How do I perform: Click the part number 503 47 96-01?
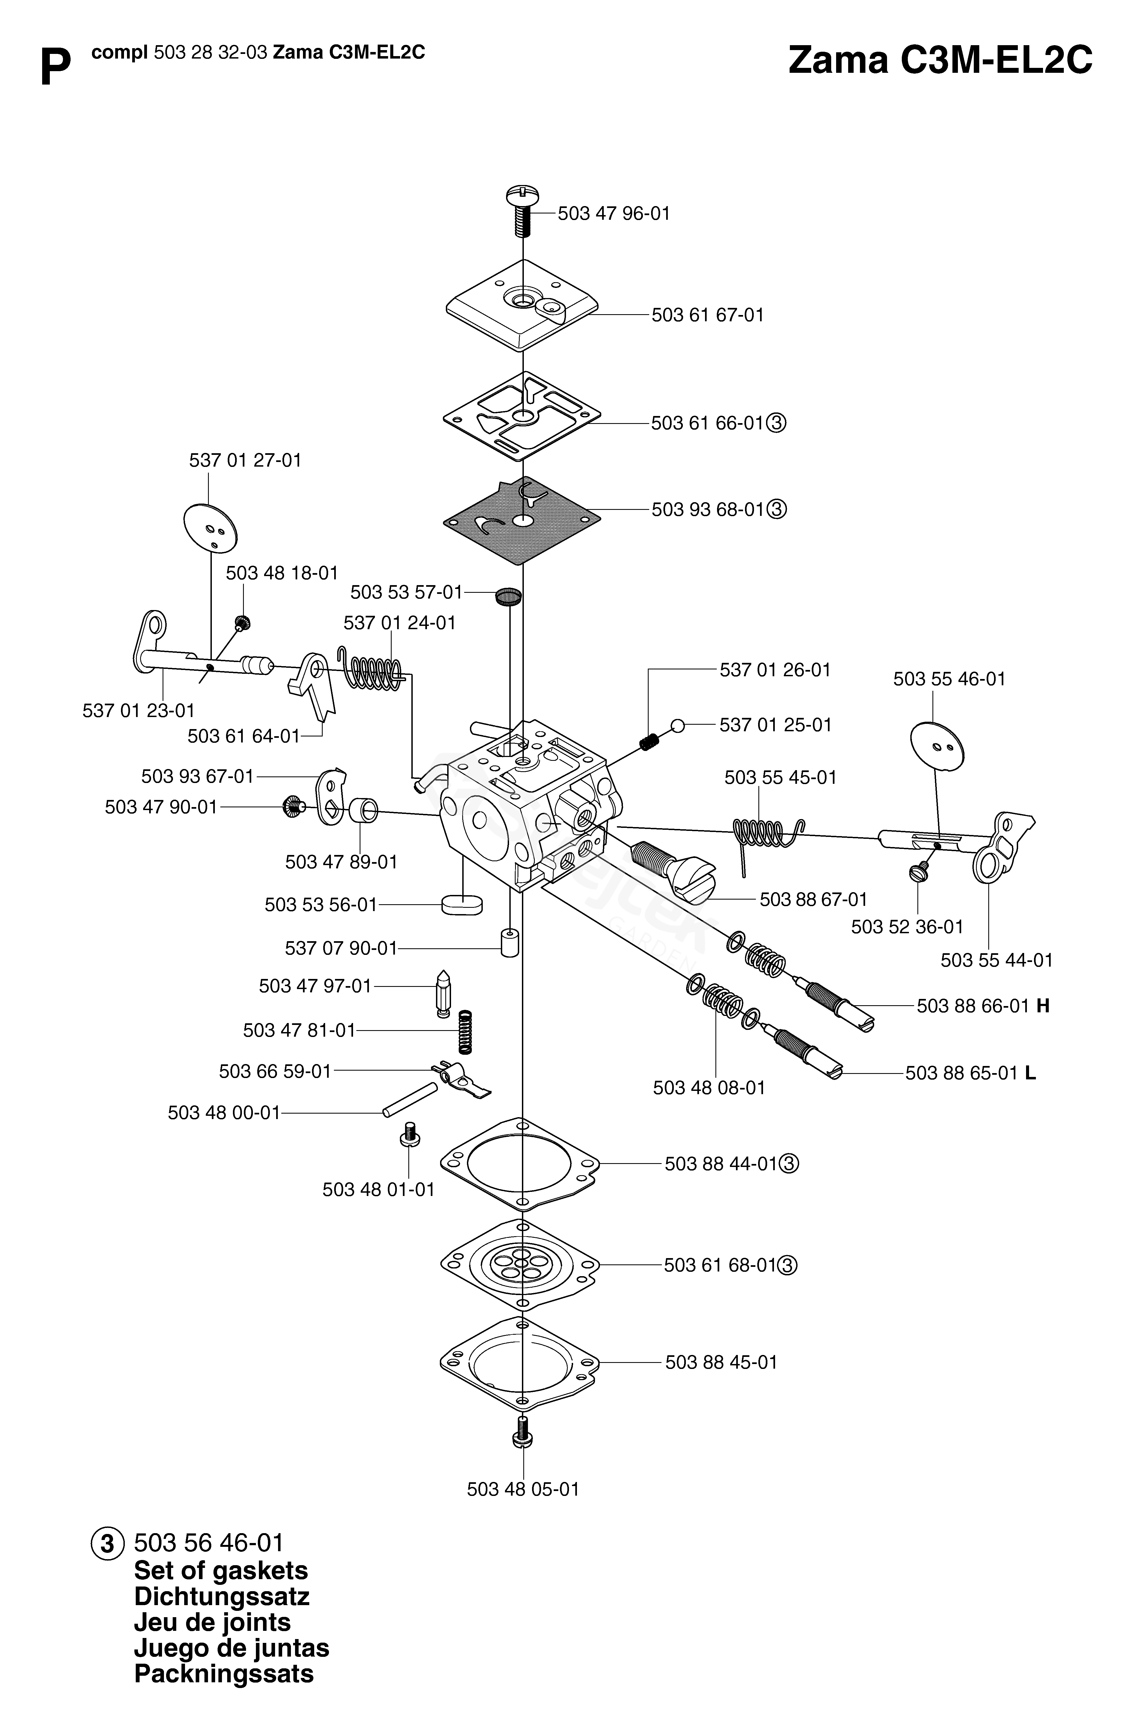tap(613, 214)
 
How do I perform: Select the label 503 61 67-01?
tap(707, 315)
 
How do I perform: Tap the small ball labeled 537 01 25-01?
tap(677, 725)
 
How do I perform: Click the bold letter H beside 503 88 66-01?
tap(1043, 1006)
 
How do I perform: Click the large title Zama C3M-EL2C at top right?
tap(940, 60)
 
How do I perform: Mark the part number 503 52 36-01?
tap(907, 927)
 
